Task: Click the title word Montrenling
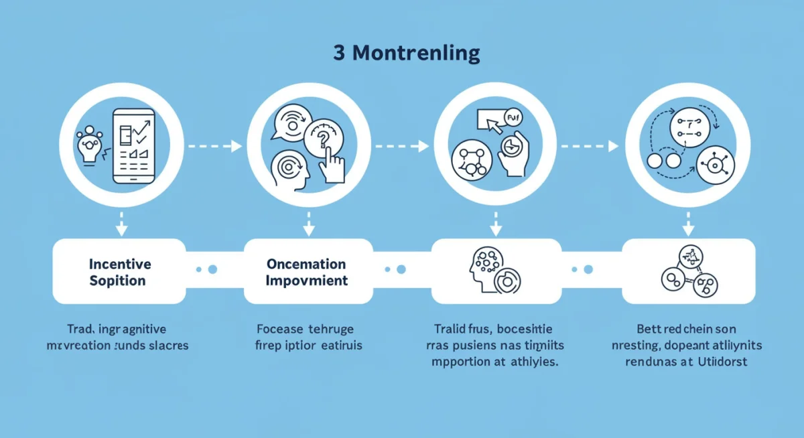[416, 54]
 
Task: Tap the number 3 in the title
[339, 54]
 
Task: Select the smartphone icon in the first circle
[133, 145]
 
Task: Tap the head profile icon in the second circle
[290, 170]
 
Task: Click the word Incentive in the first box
[120, 264]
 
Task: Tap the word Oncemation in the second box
[306, 264]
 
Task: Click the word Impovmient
[307, 281]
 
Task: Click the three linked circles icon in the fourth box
[688, 271]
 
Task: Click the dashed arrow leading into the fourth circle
[589, 145]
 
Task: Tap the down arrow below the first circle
[121, 224]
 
